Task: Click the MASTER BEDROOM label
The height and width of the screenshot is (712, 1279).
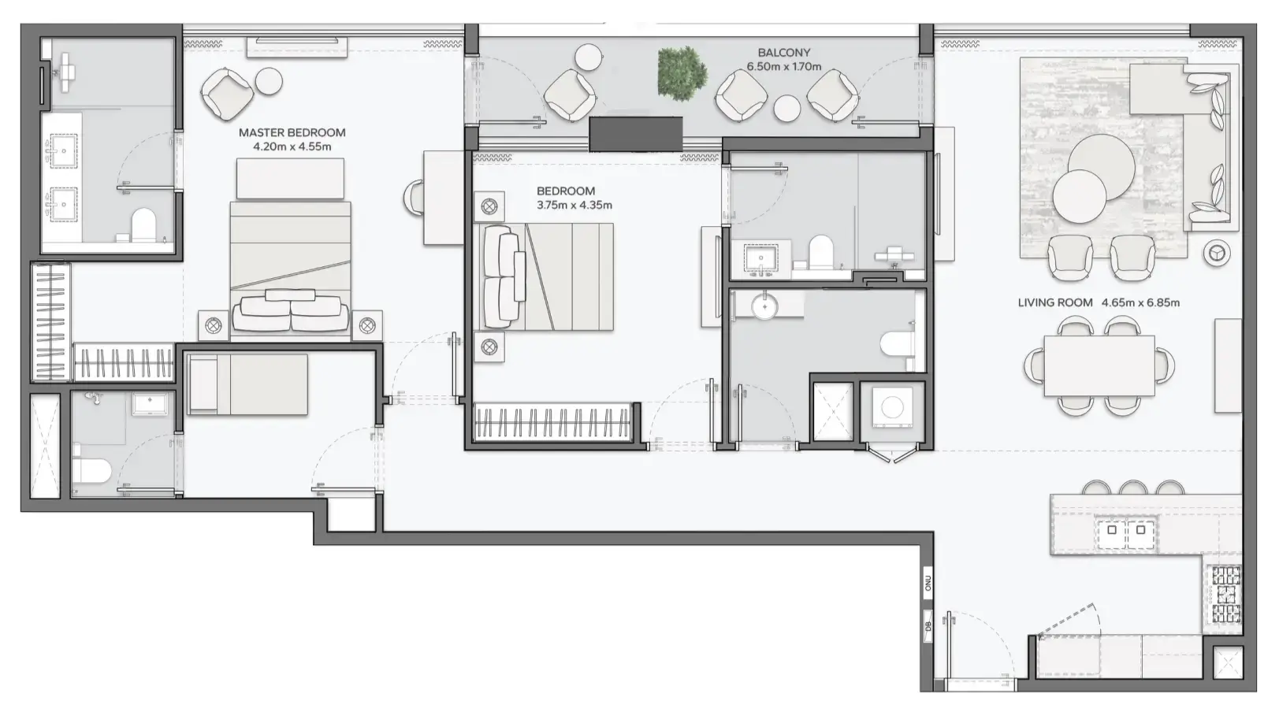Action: [292, 132]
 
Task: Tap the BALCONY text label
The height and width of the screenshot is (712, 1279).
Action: [783, 53]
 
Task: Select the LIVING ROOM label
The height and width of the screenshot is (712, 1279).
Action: [1054, 302]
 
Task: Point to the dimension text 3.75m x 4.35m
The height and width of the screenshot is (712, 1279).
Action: [574, 205]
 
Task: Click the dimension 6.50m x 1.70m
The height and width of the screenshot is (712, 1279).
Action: [783, 66]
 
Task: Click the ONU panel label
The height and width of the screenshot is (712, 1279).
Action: [928, 583]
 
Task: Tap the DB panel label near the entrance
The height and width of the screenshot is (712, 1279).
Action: [928, 625]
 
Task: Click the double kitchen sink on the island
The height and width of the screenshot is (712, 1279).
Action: [1126, 530]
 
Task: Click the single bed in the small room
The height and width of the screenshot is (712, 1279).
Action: [247, 384]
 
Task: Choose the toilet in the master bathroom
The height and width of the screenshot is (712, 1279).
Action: [143, 224]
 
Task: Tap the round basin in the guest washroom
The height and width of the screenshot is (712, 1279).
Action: [764, 306]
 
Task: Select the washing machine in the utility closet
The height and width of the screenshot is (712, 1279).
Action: [892, 407]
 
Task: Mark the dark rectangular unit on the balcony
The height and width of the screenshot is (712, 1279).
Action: [635, 134]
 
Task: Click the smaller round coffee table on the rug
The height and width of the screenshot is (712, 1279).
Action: [1078, 197]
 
